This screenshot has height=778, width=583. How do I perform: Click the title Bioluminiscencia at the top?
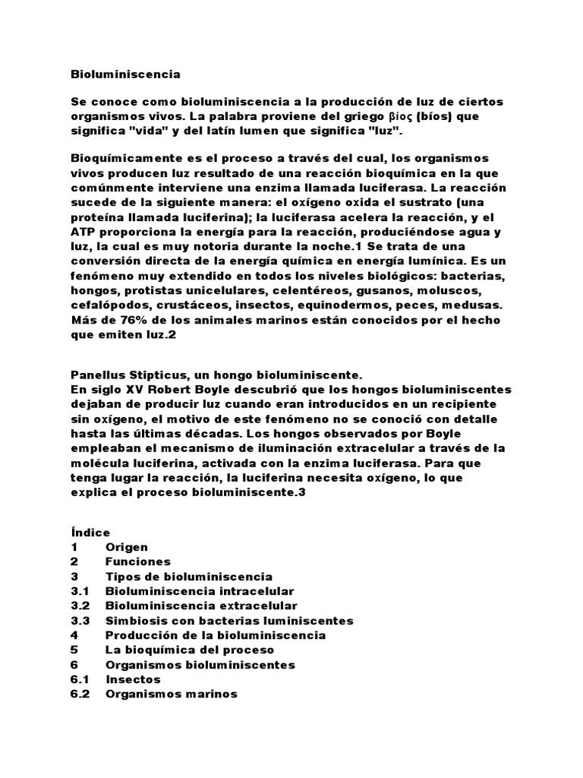125,74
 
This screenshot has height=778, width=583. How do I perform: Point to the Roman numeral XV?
124,389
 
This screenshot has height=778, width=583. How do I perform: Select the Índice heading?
90,533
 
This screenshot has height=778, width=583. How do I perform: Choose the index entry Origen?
127,547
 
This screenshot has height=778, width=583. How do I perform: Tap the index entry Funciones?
138,561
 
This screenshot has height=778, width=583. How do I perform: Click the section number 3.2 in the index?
80,606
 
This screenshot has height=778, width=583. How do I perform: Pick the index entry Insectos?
134,679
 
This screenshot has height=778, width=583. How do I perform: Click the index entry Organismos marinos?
172,694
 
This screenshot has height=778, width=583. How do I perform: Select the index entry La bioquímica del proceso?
190,650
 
